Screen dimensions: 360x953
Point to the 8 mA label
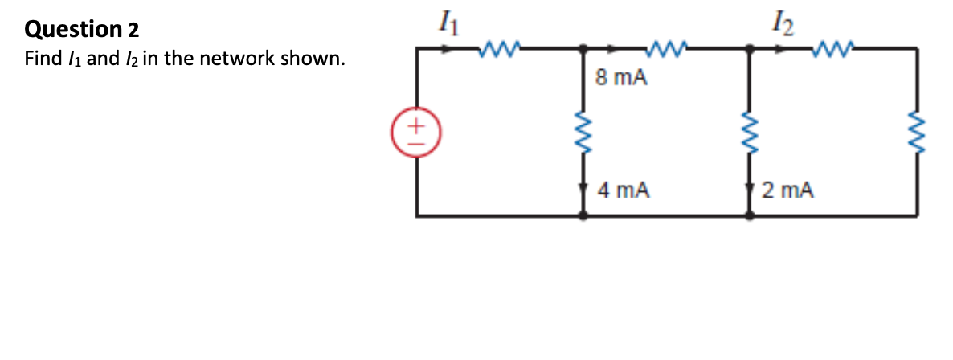(x=620, y=79)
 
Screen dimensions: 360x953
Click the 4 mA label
(x=624, y=190)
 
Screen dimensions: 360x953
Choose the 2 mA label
(x=788, y=190)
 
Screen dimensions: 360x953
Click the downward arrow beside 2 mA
(x=750, y=194)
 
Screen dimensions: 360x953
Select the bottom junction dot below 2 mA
(x=750, y=215)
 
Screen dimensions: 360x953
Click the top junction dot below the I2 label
(x=750, y=49)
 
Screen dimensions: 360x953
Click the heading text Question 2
(x=82, y=30)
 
